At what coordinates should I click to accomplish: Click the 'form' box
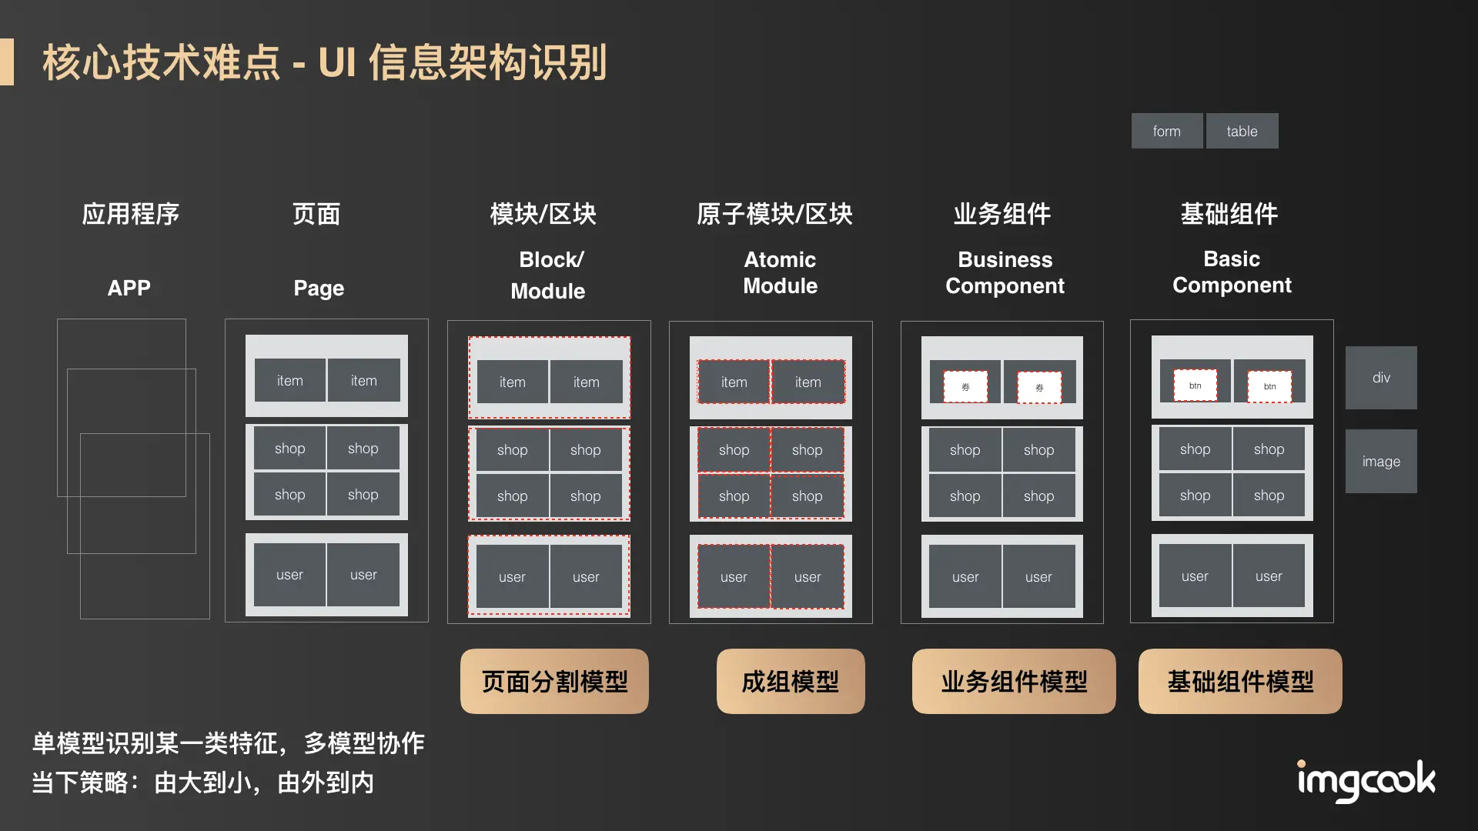[x=1166, y=131]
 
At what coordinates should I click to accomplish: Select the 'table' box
[x=1242, y=131]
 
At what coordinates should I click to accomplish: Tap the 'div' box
[x=1381, y=377]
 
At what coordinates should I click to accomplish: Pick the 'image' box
[x=1381, y=461]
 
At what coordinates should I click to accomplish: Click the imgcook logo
[x=1366, y=781]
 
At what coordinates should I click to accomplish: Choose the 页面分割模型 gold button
[x=554, y=681]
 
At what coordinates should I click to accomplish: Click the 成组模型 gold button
[x=791, y=681]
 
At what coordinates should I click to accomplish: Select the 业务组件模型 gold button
[x=1014, y=681]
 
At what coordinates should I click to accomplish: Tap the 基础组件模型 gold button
[x=1240, y=681]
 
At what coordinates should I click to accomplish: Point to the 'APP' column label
[x=129, y=288]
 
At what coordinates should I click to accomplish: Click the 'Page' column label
[x=319, y=288]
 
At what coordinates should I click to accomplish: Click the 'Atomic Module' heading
[x=780, y=272]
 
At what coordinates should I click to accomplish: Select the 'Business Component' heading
[x=1005, y=272]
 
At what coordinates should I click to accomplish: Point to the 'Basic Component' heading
[x=1232, y=272]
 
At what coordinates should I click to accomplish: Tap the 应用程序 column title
[x=131, y=213]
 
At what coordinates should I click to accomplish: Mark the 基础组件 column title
[x=1229, y=213]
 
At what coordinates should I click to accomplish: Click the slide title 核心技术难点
[x=162, y=62]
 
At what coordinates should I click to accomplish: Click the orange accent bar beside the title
[x=7, y=62]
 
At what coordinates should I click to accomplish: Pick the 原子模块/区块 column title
[x=774, y=213]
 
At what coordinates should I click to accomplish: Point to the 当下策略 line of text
[x=203, y=783]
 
